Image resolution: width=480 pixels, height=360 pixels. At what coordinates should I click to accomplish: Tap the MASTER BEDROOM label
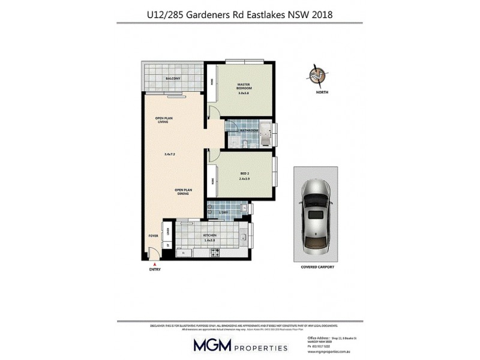coord(244,86)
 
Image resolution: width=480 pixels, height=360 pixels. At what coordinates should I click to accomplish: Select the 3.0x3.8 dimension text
coord(244,93)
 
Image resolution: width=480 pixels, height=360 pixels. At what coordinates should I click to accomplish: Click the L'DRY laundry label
coord(224,213)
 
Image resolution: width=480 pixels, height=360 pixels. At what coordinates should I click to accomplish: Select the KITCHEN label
coord(209,235)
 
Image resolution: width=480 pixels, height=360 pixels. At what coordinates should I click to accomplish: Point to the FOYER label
coord(153,236)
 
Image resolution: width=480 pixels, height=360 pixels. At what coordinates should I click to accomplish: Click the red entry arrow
coord(155,265)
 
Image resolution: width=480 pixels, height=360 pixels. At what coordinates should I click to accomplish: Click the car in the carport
coord(315,216)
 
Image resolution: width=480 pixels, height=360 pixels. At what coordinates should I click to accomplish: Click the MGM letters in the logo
coord(213,345)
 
